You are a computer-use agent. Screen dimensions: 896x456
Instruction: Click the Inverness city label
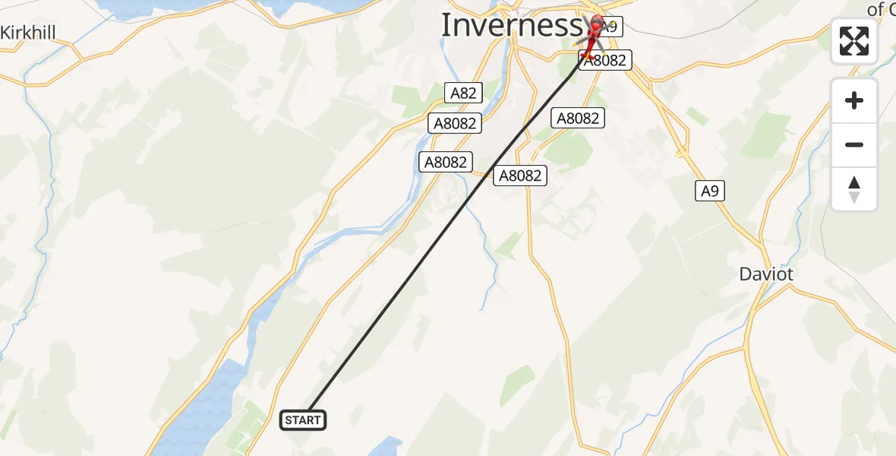pos(510,25)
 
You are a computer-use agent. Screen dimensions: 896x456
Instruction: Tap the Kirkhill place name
pos(30,33)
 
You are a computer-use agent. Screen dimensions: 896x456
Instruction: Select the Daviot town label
pos(766,274)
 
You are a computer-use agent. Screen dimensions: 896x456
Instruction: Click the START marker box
pos(304,420)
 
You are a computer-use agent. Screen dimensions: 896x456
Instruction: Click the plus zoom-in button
pos(854,100)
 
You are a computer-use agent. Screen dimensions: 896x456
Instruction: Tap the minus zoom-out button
pos(854,144)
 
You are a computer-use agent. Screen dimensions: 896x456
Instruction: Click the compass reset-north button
pos(854,188)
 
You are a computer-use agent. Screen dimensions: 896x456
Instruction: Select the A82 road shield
pos(463,93)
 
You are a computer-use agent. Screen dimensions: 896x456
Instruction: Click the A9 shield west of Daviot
pos(709,191)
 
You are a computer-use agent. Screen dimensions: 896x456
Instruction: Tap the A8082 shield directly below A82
pos(453,123)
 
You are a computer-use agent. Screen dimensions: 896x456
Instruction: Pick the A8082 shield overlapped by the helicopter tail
pos(606,61)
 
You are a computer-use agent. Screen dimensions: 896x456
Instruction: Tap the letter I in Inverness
pos(446,25)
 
